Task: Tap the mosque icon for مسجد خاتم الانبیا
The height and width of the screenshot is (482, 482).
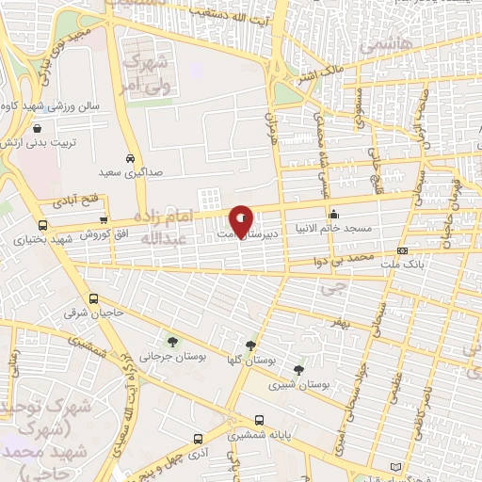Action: (334, 212)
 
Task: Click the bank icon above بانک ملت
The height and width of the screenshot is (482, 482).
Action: (402, 251)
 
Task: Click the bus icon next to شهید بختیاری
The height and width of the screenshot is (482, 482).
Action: (42, 225)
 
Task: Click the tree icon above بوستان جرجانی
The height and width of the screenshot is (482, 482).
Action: (171, 341)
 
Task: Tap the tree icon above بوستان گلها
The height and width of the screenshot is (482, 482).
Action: (250, 345)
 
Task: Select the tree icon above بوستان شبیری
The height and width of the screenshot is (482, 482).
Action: (298, 370)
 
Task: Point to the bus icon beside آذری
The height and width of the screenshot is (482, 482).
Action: (198, 440)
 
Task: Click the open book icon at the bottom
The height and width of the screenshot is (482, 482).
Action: (394, 467)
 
